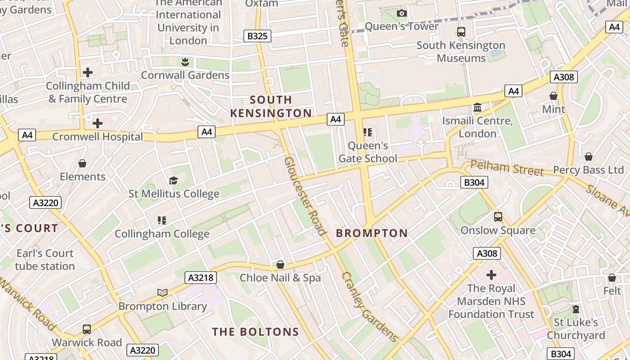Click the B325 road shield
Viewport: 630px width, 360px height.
pyautogui.click(x=257, y=36)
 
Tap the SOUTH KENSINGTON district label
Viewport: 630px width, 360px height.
pyautogui.click(x=271, y=106)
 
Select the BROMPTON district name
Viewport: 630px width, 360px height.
pyautogui.click(x=372, y=233)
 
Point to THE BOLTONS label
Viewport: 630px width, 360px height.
pyautogui.click(x=256, y=332)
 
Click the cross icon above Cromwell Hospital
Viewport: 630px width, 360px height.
pyautogui.click(x=98, y=123)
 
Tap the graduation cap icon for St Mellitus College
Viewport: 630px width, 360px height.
pyautogui.click(x=173, y=181)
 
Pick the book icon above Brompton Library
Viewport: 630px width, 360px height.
pyautogui.click(x=162, y=293)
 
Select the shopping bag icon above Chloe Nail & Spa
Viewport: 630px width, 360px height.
pyautogui.click(x=280, y=265)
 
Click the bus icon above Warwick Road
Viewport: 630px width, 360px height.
pyautogui.click(x=87, y=329)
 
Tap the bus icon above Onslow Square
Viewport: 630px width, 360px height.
pyautogui.click(x=498, y=217)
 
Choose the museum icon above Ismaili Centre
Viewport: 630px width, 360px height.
pyautogui.click(x=477, y=108)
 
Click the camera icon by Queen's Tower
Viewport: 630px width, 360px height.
pyautogui.click(x=402, y=13)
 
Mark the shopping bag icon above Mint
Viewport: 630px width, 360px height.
pyautogui.click(x=553, y=96)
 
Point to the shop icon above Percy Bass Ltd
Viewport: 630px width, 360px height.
pyautogui.click(x=588, y=157)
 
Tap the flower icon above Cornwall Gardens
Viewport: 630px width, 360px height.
pyautogui.click(x=185, y=62)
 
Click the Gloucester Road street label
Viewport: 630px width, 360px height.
pyautogui.click(x=305, y=196)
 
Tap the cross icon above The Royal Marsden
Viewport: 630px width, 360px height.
pyautogui.click(x=491, y=274)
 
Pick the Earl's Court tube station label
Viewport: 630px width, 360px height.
pyautogui.click(x=45, y=260)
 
